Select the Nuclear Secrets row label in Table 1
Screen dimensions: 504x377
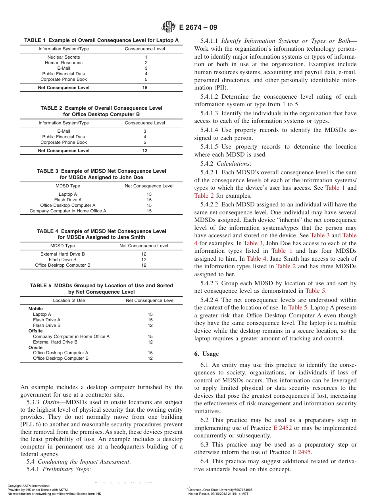63,57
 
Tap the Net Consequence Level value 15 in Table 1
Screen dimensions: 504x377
145,88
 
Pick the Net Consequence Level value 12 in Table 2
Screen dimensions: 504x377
145,151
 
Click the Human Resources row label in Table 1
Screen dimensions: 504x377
63,63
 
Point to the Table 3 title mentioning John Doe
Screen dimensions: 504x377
101,174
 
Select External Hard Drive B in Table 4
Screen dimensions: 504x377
63,254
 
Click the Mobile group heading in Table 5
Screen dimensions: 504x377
36,309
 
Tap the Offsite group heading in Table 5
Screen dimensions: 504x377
36,331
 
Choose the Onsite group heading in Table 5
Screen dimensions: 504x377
36,347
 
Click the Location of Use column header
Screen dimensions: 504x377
69,300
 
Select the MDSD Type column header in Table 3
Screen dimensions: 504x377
68,186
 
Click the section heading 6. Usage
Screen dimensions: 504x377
206,354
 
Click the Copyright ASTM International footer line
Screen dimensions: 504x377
29,486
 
